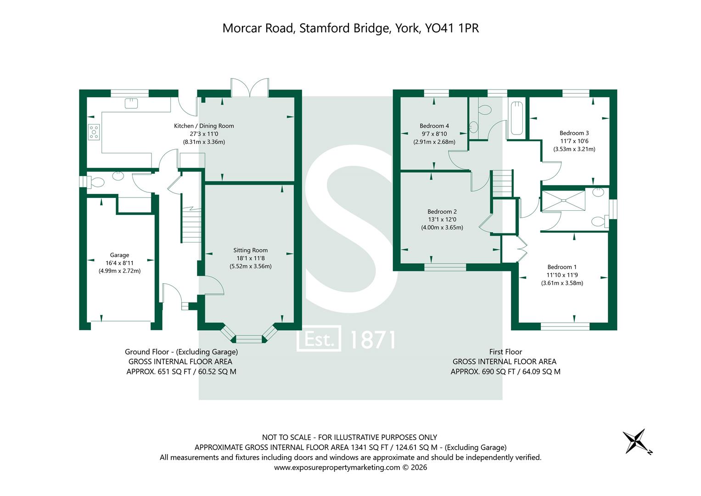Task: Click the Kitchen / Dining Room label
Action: click(x=204, y=126)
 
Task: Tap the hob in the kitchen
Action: click(x=94, y=132)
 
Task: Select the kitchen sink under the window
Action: click(x=131, y=103)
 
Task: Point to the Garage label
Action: click(x=119, y=255)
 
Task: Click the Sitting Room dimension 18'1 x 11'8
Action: click(x=250, y=258)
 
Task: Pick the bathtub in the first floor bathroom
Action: click(x=516, y=118)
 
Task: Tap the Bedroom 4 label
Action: click(x=434, y=126)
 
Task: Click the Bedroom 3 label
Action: click(x=574, y=133)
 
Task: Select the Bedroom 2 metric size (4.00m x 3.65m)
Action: click(x=442, y=228)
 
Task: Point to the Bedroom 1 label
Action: click(x=562, y=267)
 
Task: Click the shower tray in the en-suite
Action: click(x=563, y=200)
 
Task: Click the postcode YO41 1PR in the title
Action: click(x=452, y=28)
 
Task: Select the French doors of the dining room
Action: click(x=249, y=87)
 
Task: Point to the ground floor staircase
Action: click(x=191, y=225)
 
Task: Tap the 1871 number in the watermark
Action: click(x=372, y=340)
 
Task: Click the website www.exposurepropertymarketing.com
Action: click(x=337, y=468)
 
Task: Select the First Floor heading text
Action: click(x=505, y=352)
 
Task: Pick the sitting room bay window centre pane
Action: click(x=249, y=338)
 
